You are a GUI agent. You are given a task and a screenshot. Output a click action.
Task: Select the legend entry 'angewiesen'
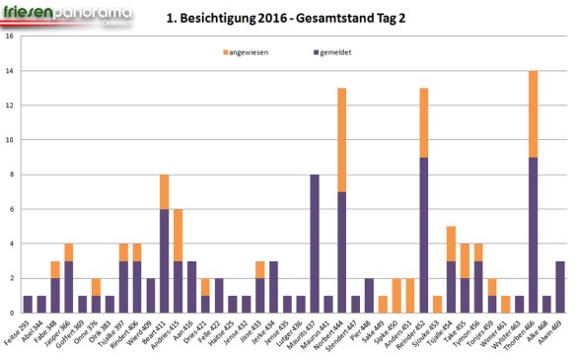(x=251, y=50)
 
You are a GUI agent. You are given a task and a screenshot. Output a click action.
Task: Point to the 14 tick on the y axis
(x=10, y=72)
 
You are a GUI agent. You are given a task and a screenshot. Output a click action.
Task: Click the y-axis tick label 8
(x=11, y=175)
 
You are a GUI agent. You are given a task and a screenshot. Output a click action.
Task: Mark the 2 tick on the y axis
(x=11, y=278)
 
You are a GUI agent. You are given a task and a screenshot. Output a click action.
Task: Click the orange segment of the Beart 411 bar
(x=165, y=192)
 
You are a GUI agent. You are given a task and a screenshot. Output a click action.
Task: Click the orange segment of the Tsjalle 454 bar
(x=451, y=244)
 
